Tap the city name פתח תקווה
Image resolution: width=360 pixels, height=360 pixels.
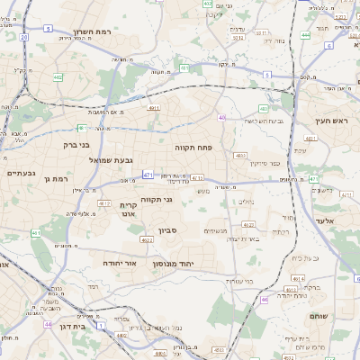(x=193, y=146)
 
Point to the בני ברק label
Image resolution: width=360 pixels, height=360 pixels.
(x=76, y=144)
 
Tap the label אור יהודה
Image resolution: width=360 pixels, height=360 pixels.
(x=119, y=264)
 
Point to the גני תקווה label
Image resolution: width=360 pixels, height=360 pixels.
(x=157, y=200)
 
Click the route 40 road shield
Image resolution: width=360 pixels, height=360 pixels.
(x=221, y=117)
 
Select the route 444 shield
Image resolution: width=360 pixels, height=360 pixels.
(x=305, y=35)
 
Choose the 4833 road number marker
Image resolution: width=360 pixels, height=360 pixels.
(x=240, y=156)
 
